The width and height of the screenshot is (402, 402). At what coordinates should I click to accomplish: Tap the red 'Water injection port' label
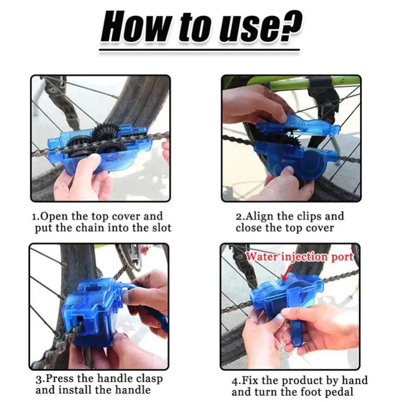click(299, 256)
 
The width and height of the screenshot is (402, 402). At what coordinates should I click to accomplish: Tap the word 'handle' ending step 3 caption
click(134, 390)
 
